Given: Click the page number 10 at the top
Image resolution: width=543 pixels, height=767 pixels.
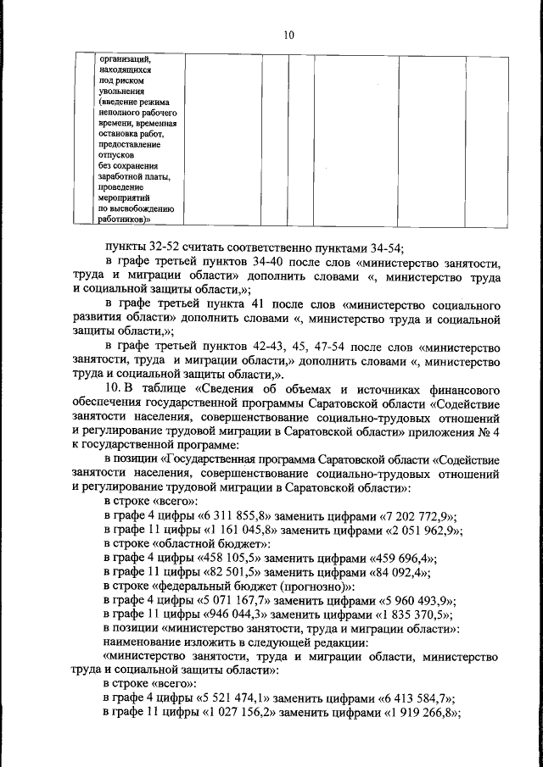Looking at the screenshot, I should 288,35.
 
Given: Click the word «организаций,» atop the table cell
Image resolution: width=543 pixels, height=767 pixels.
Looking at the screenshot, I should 125,60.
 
